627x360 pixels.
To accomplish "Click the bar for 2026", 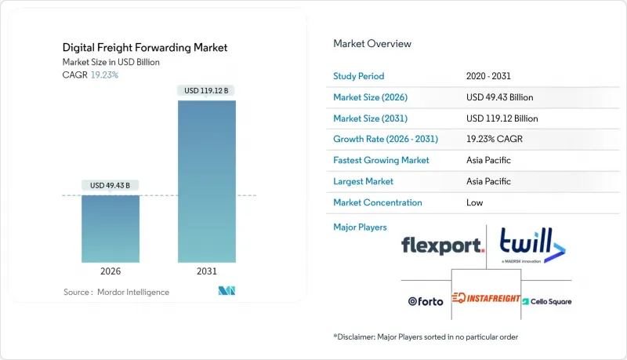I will pos(111,228).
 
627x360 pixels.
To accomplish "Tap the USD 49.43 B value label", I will pos(111,185).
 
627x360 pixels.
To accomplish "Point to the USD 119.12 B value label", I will pos(207,91).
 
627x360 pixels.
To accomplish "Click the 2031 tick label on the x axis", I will pos(207,272).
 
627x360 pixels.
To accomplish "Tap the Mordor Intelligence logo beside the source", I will pos(227,292).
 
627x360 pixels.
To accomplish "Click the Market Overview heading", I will pos(371,44).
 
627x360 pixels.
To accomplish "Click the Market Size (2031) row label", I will pos(370,118).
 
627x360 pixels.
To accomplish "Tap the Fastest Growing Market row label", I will pos(381,160).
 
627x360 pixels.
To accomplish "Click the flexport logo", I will pos(442,246).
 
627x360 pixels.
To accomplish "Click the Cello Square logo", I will pos(547,300).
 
